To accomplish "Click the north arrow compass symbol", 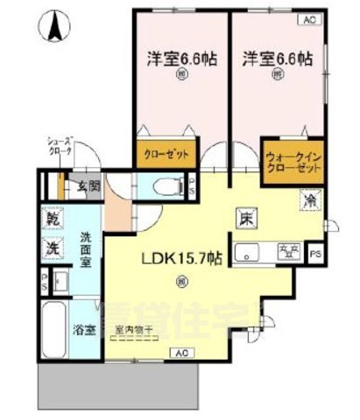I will [x=54, y=25].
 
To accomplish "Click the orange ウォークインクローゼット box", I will [x=292, y=162].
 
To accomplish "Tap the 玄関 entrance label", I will [x=86, y=186].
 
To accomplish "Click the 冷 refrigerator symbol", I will [x=310, y=199].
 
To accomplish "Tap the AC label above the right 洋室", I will [x=309, y=18].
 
